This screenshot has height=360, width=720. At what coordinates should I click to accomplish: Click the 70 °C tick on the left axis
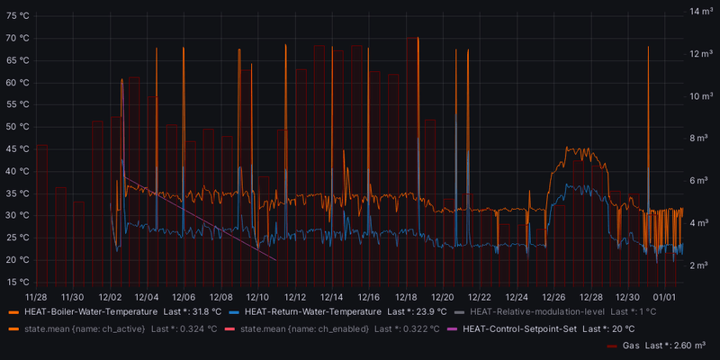(x=18, y=39)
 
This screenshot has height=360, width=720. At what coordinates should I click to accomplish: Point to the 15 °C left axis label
(x=18, y=282)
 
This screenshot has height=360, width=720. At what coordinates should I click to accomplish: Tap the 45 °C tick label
(x=18, y=148)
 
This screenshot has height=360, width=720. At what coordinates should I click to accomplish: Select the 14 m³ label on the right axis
(x=701, y=12)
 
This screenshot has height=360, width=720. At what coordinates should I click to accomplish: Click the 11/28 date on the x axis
(x=36, y=296)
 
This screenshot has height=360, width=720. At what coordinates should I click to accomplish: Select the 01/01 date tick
(x=664, y=296)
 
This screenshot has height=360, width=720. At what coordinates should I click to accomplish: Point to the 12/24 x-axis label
(x=517, y=296)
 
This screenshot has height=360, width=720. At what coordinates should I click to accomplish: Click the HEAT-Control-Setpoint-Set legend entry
(x=519, y=328)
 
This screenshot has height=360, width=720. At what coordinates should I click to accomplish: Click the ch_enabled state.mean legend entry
(x=310, y=328)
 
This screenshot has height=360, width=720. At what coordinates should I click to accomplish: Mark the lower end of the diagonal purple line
(x=275, y=259)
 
